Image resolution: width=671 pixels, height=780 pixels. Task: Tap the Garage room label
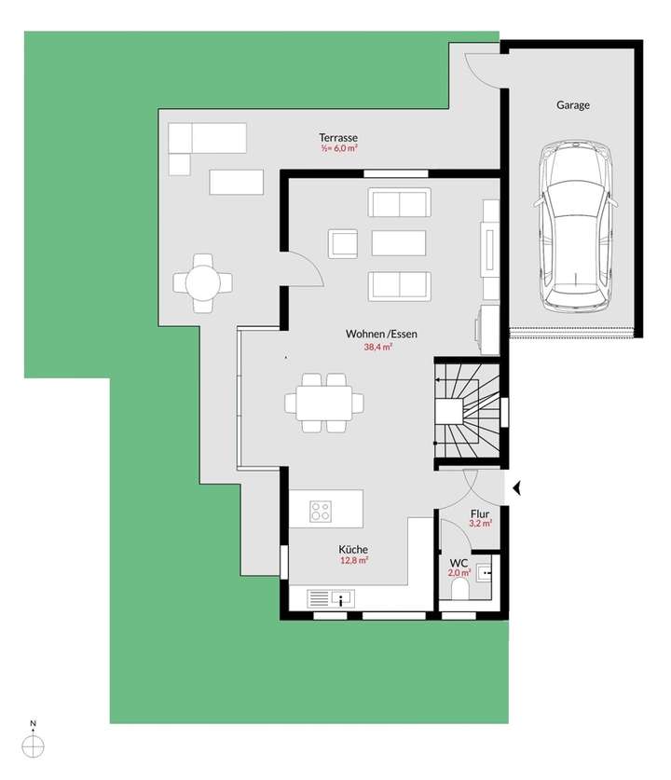(573, 105)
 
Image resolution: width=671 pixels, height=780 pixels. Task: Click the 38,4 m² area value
(377, 348)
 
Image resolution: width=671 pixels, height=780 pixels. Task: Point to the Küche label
(353, 549)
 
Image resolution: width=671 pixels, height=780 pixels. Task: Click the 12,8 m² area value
(353, 561)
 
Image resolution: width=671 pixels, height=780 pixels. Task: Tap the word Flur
(480, 512)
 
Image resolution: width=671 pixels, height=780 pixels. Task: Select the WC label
(459, 563)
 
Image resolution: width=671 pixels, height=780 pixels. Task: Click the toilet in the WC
(459, 591)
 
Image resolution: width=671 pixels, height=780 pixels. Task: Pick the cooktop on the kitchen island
(322, 511)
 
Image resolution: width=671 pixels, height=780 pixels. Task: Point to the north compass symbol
(34, 743)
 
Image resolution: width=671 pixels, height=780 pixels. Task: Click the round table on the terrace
(202, 281)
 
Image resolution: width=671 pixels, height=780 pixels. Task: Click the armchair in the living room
(343, 243)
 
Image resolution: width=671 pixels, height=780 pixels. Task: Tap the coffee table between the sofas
(398, 243)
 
